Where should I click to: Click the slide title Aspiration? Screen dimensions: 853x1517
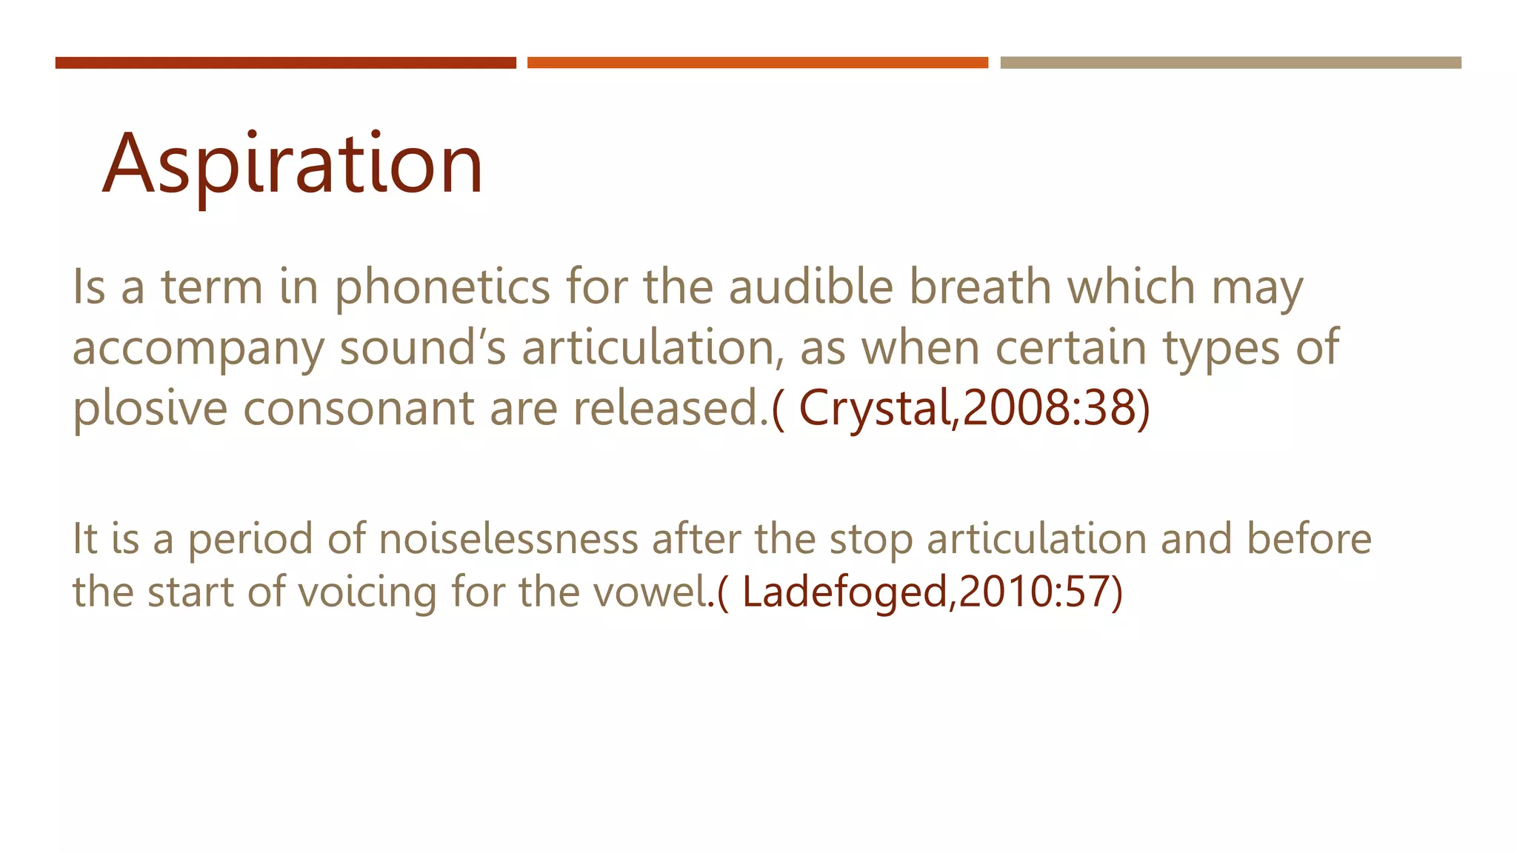[293, 164]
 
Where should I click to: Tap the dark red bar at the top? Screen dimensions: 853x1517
[285, 63]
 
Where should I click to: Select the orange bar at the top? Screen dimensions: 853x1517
[757, 63]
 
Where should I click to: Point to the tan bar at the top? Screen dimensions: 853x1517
[1230, 63]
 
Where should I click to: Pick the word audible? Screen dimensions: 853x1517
[811, 287]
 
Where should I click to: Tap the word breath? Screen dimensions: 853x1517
[980, 287]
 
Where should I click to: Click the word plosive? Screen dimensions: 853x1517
[150, 409]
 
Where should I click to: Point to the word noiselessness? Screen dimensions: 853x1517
[508, 539]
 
